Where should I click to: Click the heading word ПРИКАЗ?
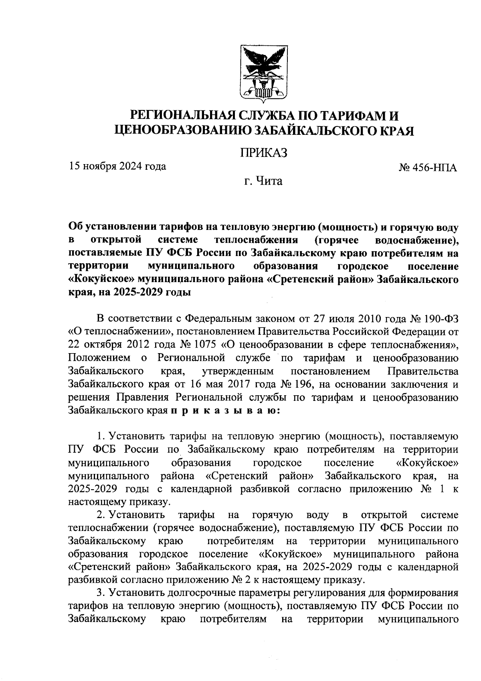tap(264, 153)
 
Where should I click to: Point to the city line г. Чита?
tap(263, 181)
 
